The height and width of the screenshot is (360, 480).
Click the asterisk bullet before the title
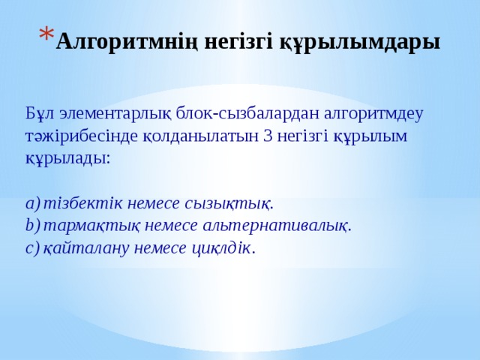coord(44,34)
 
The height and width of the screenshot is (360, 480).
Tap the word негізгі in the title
coord(238,41)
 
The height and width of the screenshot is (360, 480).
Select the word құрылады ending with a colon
coord(68,159)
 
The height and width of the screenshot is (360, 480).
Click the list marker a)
coord(31,203)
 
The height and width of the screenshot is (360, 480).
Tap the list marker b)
coord(31,226)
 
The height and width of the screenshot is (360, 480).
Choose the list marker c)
coord(31,248)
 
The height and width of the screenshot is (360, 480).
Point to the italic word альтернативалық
coord(298,226)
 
